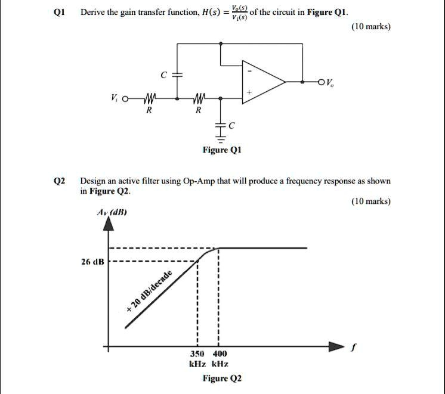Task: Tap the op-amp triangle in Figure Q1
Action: click(262, 81)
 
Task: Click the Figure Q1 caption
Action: click(221, 150)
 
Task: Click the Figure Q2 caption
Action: click(222, 378)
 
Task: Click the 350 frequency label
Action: click(197, 353)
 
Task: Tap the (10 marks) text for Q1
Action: click(371, 27)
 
